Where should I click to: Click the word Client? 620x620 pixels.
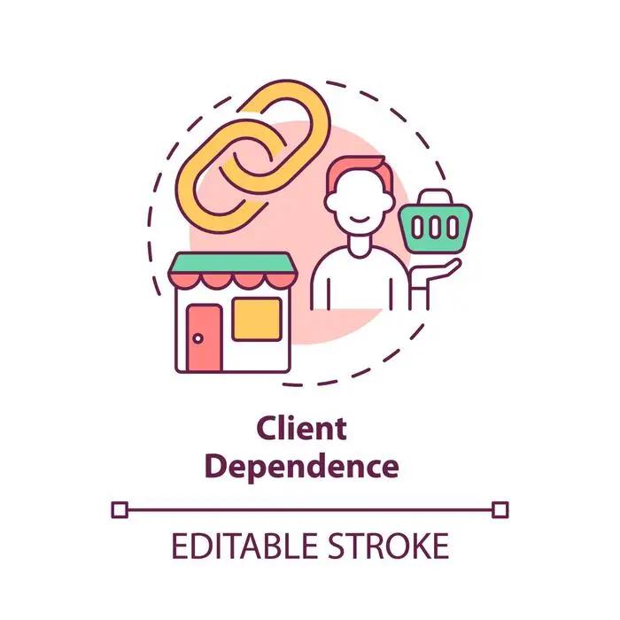(x=302, y=429)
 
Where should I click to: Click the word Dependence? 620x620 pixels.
(x=302, y=467)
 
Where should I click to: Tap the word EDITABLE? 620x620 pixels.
(x=244, y=546)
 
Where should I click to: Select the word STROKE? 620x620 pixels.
(x=389, y=546)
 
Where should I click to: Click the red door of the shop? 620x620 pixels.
(x=205, y=338)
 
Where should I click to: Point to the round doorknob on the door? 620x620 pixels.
(x=198, y=338)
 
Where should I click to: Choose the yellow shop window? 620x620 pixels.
(x=257, y=319)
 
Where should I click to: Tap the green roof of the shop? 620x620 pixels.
(x=233, y=263)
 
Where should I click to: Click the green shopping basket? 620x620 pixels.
(x=435, y=228)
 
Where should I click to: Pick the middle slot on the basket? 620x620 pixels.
(x=435, y=228)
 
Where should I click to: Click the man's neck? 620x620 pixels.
(x=360, y=245)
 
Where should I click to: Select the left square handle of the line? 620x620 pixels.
(x=120, y=509)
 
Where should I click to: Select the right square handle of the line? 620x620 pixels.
(x=500, y=509)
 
